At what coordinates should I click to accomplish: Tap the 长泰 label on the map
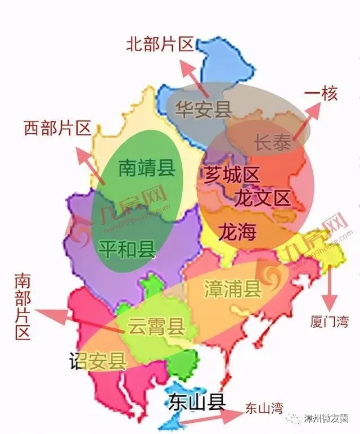(x=273, y=143)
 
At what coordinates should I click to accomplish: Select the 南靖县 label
(x=147, y=167)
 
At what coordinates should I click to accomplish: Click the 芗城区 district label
(x=231, y=175)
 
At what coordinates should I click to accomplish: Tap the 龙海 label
(x=237, y=230)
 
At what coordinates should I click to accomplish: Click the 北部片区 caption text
(x=159, y=44)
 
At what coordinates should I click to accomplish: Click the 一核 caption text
(x=321, y=94)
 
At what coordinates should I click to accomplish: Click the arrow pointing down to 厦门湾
(x=330, y=287)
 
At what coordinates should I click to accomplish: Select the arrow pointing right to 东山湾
(x=208, y=417)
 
